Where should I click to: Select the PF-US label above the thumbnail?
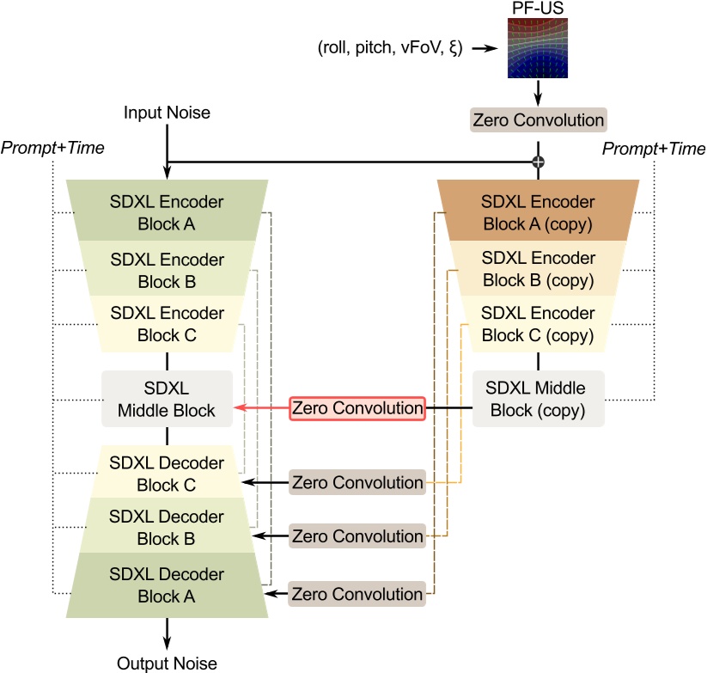point(538,9)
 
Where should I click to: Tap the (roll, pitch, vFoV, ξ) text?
point(390,49)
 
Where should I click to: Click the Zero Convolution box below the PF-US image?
point(538,120)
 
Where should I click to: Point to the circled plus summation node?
point(539,162)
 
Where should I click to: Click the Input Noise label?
point(167,113)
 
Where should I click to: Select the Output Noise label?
point(167,663)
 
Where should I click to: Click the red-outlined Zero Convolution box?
point(357,408)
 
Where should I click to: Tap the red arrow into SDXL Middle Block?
point(261,408)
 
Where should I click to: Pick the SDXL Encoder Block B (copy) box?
point(538,269)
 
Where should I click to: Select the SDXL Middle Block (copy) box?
point(538,399)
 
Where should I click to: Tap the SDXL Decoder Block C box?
point(167,474)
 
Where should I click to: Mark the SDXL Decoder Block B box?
point(167,528)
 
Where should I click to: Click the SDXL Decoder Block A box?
point(167,584)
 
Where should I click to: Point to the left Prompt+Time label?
point(52,148)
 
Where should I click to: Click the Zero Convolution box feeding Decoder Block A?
point(357,594)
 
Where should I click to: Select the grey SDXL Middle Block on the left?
point(167,399)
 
